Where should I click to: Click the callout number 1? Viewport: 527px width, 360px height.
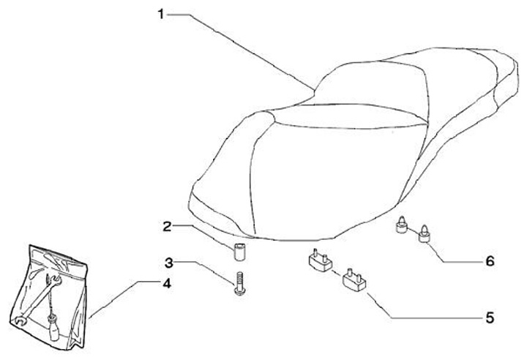[161, 14]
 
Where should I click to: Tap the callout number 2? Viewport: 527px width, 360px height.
[166, 227]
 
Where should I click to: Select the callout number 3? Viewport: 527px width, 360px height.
[168, 262]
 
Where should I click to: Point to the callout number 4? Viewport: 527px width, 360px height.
[167, 283]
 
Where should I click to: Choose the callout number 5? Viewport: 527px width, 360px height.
[489, 318]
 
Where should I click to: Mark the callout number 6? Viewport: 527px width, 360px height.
[489, 260]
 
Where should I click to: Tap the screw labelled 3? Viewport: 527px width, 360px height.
[238, 284]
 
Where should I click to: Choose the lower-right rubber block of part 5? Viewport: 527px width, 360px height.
[354, 280]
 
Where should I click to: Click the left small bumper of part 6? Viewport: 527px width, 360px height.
[402, 227]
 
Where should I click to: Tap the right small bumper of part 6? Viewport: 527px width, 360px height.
[424, 235]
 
